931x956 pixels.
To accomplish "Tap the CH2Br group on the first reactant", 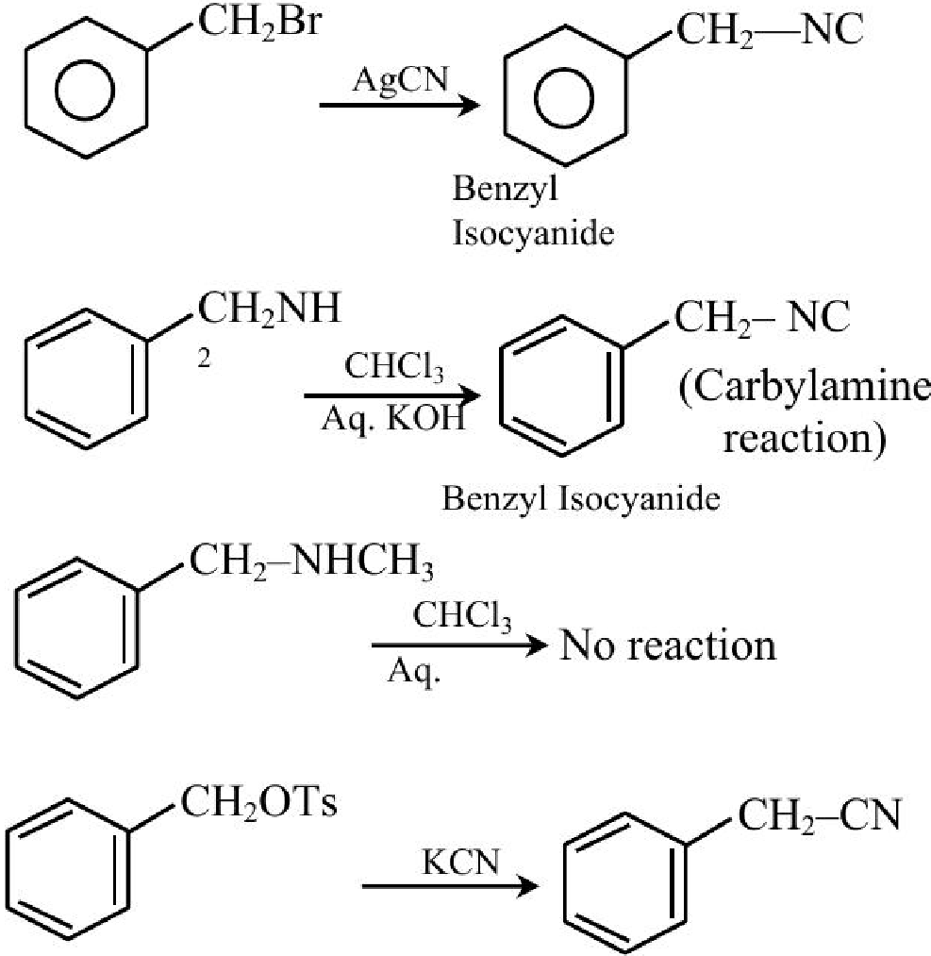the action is (259, 22).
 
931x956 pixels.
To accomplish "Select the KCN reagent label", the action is (461, 863).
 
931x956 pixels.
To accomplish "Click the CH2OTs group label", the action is (259, 802).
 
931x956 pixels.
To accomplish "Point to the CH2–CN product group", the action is (820, 816).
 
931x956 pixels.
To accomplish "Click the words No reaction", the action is (669, 646).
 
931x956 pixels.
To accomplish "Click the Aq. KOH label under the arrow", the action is (393, 419).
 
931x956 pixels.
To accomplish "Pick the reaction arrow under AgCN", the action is (400, 105).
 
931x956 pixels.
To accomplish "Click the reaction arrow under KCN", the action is (450, 886).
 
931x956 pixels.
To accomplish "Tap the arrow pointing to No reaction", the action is (460, 646).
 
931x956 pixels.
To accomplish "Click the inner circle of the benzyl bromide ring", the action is (85, 61).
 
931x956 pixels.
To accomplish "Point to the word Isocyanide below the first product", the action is (533, 233).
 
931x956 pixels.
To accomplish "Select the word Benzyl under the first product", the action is (505, 189).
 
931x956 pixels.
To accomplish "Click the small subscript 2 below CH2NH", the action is (204, 359).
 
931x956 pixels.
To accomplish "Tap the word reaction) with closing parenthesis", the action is (805, 439).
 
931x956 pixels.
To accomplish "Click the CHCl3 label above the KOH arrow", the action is (394, 368).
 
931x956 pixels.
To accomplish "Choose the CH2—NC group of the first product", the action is (770, 30).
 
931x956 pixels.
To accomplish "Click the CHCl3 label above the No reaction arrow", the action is (462, 616).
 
